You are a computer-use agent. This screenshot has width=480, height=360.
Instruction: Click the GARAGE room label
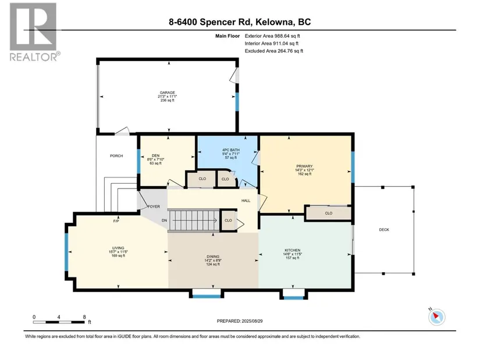168,92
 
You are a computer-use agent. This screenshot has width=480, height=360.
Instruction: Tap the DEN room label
155,155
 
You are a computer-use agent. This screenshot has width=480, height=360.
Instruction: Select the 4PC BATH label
231,150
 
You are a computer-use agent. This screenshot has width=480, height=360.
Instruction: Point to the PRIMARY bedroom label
304,166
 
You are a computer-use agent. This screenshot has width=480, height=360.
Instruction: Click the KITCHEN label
292,250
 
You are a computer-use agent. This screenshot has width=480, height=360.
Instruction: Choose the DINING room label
213,256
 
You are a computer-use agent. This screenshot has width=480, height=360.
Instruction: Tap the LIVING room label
118,248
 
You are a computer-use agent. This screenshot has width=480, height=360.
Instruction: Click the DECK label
384,230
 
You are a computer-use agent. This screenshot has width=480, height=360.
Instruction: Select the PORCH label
116,156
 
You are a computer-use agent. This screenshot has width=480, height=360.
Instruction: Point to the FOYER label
154,206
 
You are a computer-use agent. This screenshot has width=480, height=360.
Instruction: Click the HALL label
246,201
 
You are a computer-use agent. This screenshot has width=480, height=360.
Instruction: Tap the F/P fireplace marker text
116,221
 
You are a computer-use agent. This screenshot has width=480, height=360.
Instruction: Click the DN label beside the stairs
165,220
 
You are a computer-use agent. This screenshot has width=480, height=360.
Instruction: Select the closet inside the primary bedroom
329,213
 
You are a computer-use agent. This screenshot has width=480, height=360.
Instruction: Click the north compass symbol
436,316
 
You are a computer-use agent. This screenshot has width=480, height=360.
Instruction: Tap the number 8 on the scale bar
84,317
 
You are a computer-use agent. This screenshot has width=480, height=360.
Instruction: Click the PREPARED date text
240,321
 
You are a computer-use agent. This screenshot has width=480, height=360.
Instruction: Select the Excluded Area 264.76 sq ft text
273,51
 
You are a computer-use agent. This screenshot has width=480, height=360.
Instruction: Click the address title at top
240,22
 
